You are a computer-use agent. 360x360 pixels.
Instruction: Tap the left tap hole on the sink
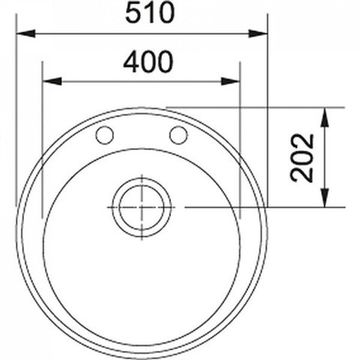pos(101,134)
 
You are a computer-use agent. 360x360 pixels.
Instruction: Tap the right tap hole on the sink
pos(180,134)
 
